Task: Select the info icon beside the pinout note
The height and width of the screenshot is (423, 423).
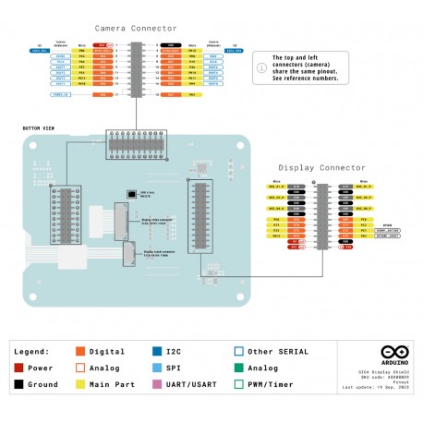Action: click(x=260, y=66)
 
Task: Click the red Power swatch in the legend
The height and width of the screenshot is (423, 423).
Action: click(x=19, y=368)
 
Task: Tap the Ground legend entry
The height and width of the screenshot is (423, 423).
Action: click(x=38, y=384)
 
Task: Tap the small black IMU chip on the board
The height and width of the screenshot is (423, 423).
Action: click(x=131, y=195)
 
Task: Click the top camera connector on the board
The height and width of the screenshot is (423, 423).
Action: click(x=136, y=144)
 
